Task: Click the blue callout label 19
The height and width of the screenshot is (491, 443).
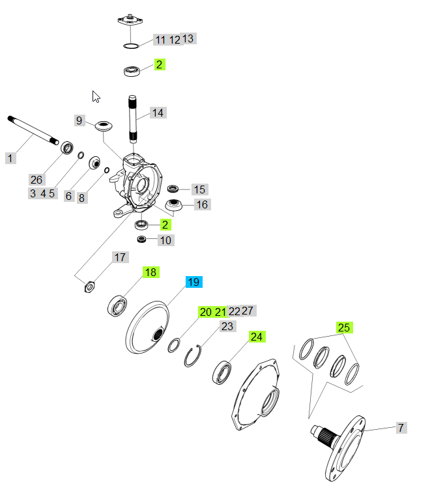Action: pos(193,282)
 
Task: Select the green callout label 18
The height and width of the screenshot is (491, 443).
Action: pos(150,272)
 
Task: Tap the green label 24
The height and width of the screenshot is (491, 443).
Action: pos(257,337)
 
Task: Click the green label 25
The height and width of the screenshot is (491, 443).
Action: pos(344,327)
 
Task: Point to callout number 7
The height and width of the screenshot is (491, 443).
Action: pos(401,428)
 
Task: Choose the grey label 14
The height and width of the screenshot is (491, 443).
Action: pos(158,113)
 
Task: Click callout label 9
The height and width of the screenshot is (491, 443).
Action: pos(79,120)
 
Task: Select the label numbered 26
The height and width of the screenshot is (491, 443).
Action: pos(36,180)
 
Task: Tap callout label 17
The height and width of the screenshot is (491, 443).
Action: pos(121,257)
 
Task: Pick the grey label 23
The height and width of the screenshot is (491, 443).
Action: pos(227,326)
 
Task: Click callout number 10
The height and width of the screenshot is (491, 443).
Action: pos(165,240)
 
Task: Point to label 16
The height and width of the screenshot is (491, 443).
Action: pos(202,204)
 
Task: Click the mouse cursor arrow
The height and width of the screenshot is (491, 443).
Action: pos(96,96)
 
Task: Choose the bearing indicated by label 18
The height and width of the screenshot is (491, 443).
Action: pos(118,305)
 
